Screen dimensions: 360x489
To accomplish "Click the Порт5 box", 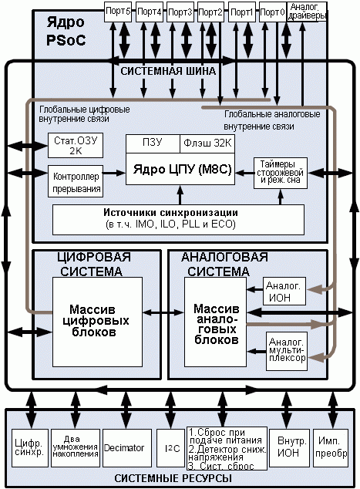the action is click(x=118, y=12).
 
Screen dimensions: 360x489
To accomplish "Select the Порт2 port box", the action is click(x=210, y=12).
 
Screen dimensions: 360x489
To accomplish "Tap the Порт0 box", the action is click(x=272, y=12).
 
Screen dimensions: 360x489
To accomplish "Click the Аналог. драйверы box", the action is click(x=307, y=12).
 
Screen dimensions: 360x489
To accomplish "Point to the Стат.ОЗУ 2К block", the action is click(x=76, y=146).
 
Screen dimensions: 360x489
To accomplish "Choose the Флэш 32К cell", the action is click(x=207, y=143).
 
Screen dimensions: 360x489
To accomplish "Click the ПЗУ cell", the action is click(x=153, y=143).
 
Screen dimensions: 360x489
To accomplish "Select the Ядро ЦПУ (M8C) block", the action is click(x=180, y=169).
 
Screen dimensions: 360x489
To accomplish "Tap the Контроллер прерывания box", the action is click(x=76, y=181).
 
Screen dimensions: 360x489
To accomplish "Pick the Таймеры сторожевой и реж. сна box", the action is click(x=281, y=173).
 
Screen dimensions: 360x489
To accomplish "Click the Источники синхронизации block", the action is click(x=178, y=220).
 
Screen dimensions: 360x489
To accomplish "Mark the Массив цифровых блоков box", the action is click(x=98, y=322).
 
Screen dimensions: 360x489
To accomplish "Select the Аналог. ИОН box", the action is click(x=284, y=291).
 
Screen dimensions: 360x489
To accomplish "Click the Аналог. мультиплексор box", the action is click(x=287, y=351).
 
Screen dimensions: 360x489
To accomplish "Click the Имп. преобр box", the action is click(x=331, y=448).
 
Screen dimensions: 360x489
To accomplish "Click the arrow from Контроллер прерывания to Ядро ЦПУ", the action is click(x=114, y=173).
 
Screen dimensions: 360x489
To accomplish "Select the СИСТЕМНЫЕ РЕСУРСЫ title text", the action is click(x=173, y=478).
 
